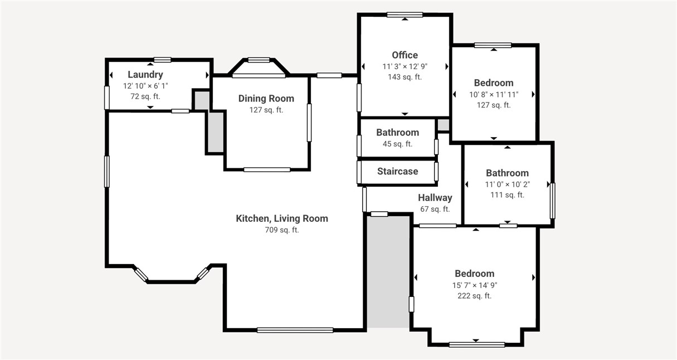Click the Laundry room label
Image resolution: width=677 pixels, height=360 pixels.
(x=145, y=75)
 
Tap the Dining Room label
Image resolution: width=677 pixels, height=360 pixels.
(x=266, y=99)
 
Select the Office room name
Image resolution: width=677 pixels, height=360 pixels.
(x=405, y=55)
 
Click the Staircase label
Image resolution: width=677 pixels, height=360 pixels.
(x=397, y=172)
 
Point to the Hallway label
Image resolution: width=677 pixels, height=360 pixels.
(x=435, y=198)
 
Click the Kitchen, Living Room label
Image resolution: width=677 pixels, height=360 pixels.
(x=281, y=218)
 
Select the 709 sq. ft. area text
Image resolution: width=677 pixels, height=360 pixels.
(x=281, y=230)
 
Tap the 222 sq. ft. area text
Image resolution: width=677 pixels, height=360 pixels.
(x=474, y=296)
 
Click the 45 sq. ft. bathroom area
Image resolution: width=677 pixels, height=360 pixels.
(x=397, y=144)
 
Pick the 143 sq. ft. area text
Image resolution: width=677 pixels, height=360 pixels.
(x=405, y=77)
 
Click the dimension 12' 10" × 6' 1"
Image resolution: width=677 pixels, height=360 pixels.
(x=145, y=86)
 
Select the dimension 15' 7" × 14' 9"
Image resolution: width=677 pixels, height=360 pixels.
(x=474, y=285)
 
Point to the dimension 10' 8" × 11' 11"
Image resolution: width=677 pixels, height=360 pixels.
(x=493, y=94)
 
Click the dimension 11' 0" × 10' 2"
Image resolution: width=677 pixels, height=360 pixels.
(x=507, y=184)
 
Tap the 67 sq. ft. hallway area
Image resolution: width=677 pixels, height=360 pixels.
(x=435, y=209)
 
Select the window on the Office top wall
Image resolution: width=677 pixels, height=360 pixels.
(x=405, y=15)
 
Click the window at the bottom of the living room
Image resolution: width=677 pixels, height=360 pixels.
(x=295, y=330)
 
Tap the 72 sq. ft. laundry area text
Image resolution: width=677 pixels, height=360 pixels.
(x=145, y=96)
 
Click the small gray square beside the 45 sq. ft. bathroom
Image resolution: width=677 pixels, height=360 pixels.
(x=443, y=125)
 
